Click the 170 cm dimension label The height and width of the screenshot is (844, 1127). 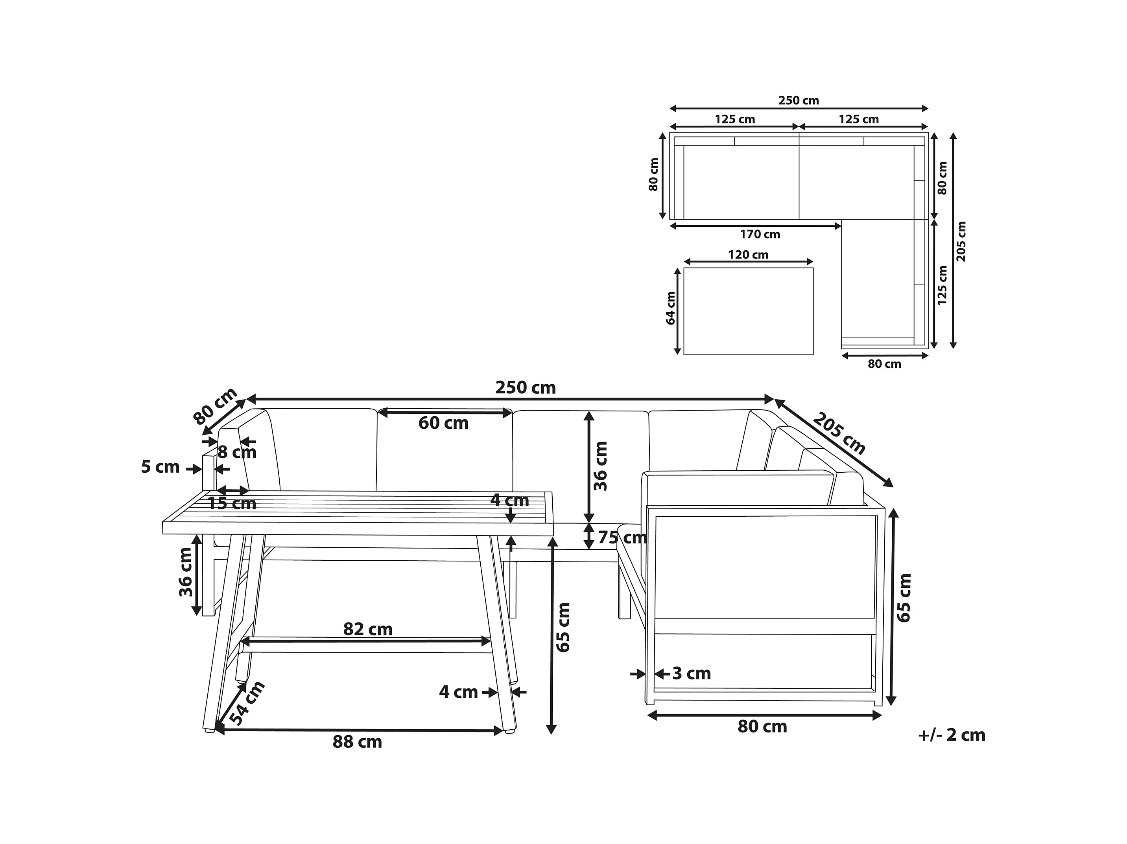[x=760, y=234]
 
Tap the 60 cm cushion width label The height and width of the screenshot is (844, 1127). [x=443, y=423]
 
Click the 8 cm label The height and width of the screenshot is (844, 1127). [x=237, y=452]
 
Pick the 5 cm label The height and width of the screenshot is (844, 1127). [x=160, y=467]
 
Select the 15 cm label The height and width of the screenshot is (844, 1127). [x=232, y=503]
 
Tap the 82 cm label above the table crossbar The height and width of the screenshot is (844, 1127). [x=368, y=630]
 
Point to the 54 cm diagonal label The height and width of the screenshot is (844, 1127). [x=247, y=703]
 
